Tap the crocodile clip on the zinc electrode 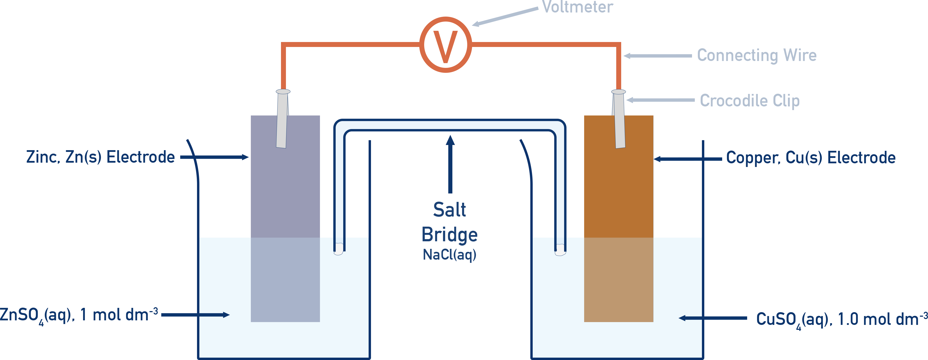[282, 119]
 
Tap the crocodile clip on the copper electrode [619, 119]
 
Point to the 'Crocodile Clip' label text [749, 101]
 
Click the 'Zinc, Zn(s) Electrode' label [100, 157]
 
